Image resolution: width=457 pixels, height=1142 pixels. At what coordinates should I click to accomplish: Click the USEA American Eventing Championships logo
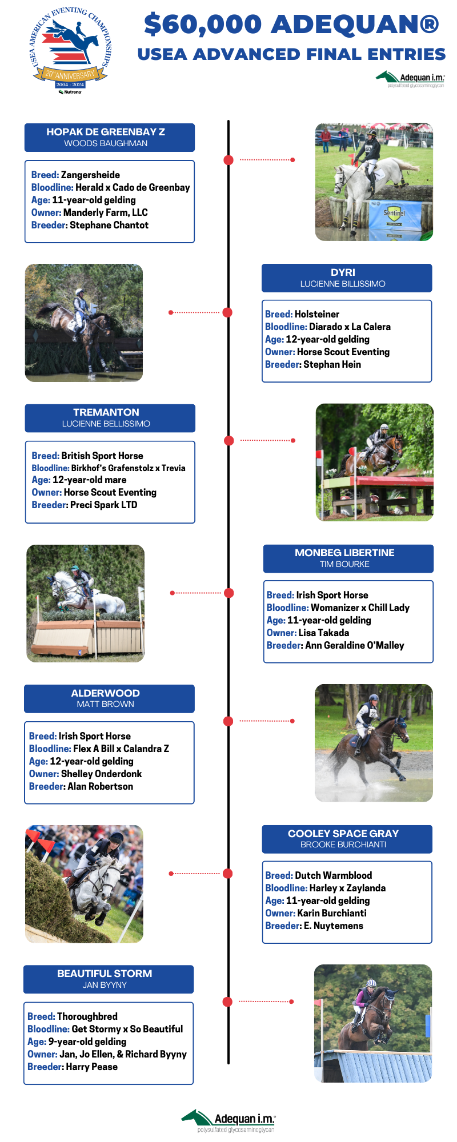coord(70,50)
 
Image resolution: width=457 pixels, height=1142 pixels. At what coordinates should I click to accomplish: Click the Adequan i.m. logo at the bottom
coord(228,1120)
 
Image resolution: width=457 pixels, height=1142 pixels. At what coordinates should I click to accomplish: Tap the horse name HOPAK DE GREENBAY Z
coord(106,132)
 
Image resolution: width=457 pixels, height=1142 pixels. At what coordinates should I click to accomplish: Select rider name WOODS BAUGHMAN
coord(106,143)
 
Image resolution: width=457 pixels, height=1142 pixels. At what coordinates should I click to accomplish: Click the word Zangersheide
coord(90,175)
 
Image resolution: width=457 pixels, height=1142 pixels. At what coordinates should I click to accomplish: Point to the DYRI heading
coord(343,272)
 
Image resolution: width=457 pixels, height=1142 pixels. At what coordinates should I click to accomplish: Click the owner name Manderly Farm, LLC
coord(106,212)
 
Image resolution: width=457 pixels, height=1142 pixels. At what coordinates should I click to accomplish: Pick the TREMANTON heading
coord(106,412)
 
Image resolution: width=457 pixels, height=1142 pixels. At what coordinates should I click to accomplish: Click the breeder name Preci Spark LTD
coord(103,505)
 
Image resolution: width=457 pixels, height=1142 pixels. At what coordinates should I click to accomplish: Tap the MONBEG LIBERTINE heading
coord(344,553)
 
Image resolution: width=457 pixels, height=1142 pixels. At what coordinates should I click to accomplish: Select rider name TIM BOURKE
coord(344,564)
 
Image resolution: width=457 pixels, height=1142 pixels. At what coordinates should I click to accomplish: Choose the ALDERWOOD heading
coord(106,693)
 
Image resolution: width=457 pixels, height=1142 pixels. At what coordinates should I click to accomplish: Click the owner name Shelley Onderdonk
coord(101,774)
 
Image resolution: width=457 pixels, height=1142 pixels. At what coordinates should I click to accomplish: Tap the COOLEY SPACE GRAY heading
coord(343,834)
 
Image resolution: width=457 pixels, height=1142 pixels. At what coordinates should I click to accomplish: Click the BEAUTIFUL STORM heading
coord(105,974)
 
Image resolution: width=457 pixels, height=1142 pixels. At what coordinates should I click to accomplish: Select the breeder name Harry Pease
coord(92,1067)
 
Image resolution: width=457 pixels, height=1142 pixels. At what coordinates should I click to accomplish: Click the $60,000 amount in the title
coord(203,25)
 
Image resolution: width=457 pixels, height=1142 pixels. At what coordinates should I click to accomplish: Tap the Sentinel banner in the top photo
coord(394,213)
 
